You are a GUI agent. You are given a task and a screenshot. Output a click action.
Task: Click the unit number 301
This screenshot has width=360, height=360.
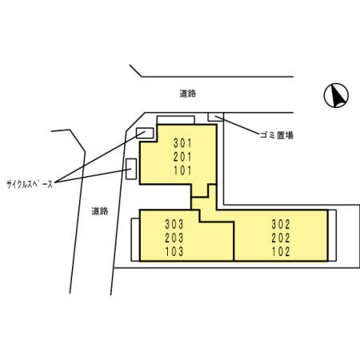point(182,143)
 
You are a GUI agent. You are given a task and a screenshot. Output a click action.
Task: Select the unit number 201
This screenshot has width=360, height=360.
point(182,157)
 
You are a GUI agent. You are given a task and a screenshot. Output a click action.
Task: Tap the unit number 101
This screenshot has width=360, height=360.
point(182,170)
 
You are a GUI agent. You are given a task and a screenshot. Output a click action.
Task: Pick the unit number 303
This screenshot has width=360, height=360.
point(174,224)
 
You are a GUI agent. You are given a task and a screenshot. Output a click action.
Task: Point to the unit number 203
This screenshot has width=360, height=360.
point(174,238)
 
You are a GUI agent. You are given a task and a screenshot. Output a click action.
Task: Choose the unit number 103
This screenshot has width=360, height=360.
point(174,251)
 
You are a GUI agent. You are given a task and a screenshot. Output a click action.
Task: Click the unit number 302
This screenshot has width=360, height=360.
point(281,224)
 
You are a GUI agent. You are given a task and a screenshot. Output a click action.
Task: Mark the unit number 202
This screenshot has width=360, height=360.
point(281,238)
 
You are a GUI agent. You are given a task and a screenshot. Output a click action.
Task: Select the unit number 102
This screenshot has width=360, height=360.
point(281,251)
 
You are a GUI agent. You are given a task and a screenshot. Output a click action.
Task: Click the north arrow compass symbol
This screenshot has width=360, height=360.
point(336,95)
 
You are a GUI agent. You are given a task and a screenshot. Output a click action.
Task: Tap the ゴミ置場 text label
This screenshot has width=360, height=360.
point(277,135)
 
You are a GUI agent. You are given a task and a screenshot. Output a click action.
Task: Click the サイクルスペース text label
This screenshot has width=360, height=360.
point(30,184)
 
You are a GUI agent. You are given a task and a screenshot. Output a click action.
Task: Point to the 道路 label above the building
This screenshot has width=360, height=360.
point(188,94)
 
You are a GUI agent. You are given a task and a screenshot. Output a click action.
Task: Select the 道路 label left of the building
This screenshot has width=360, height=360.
point(100,211)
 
